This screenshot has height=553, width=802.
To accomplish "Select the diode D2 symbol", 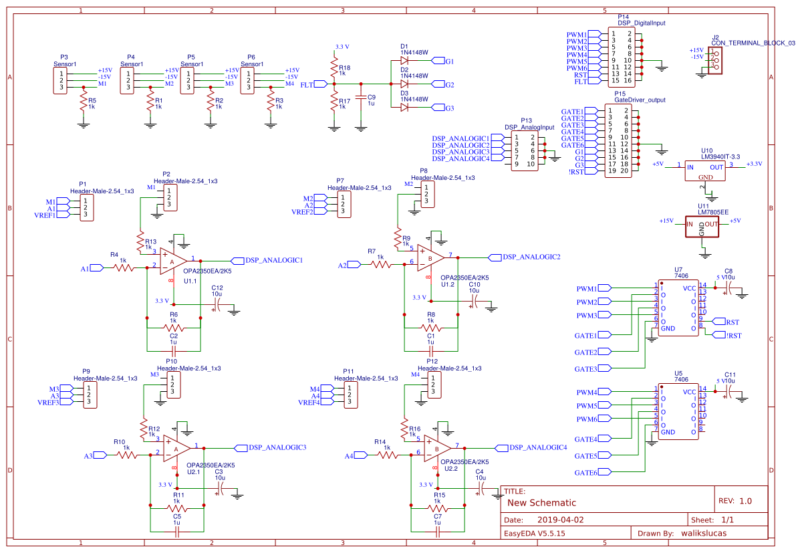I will (x=404, y=84).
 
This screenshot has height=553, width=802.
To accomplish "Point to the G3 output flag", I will (x=439, y=108).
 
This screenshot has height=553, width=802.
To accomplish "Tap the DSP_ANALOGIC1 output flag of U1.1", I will (x=238, y=260).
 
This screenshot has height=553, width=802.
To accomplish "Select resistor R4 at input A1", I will (x=124, y=267).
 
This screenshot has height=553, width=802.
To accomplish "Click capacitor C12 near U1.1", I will (x=216, y=305).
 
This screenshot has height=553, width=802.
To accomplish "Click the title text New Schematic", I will (x=541, y=503).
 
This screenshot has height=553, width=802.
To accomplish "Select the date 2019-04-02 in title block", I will (x=560, y=520).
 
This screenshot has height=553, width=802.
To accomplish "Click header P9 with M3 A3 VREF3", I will (x=86, y=396).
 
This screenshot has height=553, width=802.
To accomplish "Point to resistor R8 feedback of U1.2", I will (x=431, y=328).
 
